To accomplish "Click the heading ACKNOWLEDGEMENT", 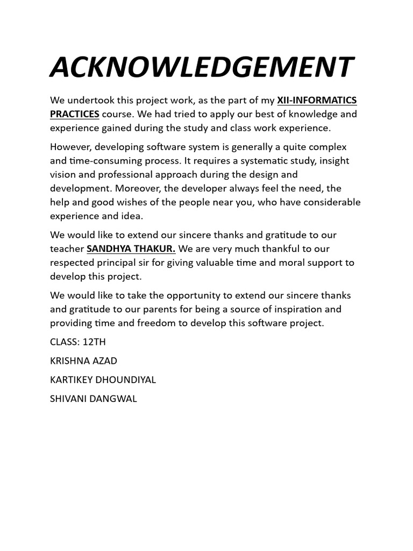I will (x=201, y=67).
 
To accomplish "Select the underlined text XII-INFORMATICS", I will (x=317, y=100).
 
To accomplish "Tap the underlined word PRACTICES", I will (x=75, y=114).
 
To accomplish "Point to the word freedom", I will (x=152, y=323).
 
